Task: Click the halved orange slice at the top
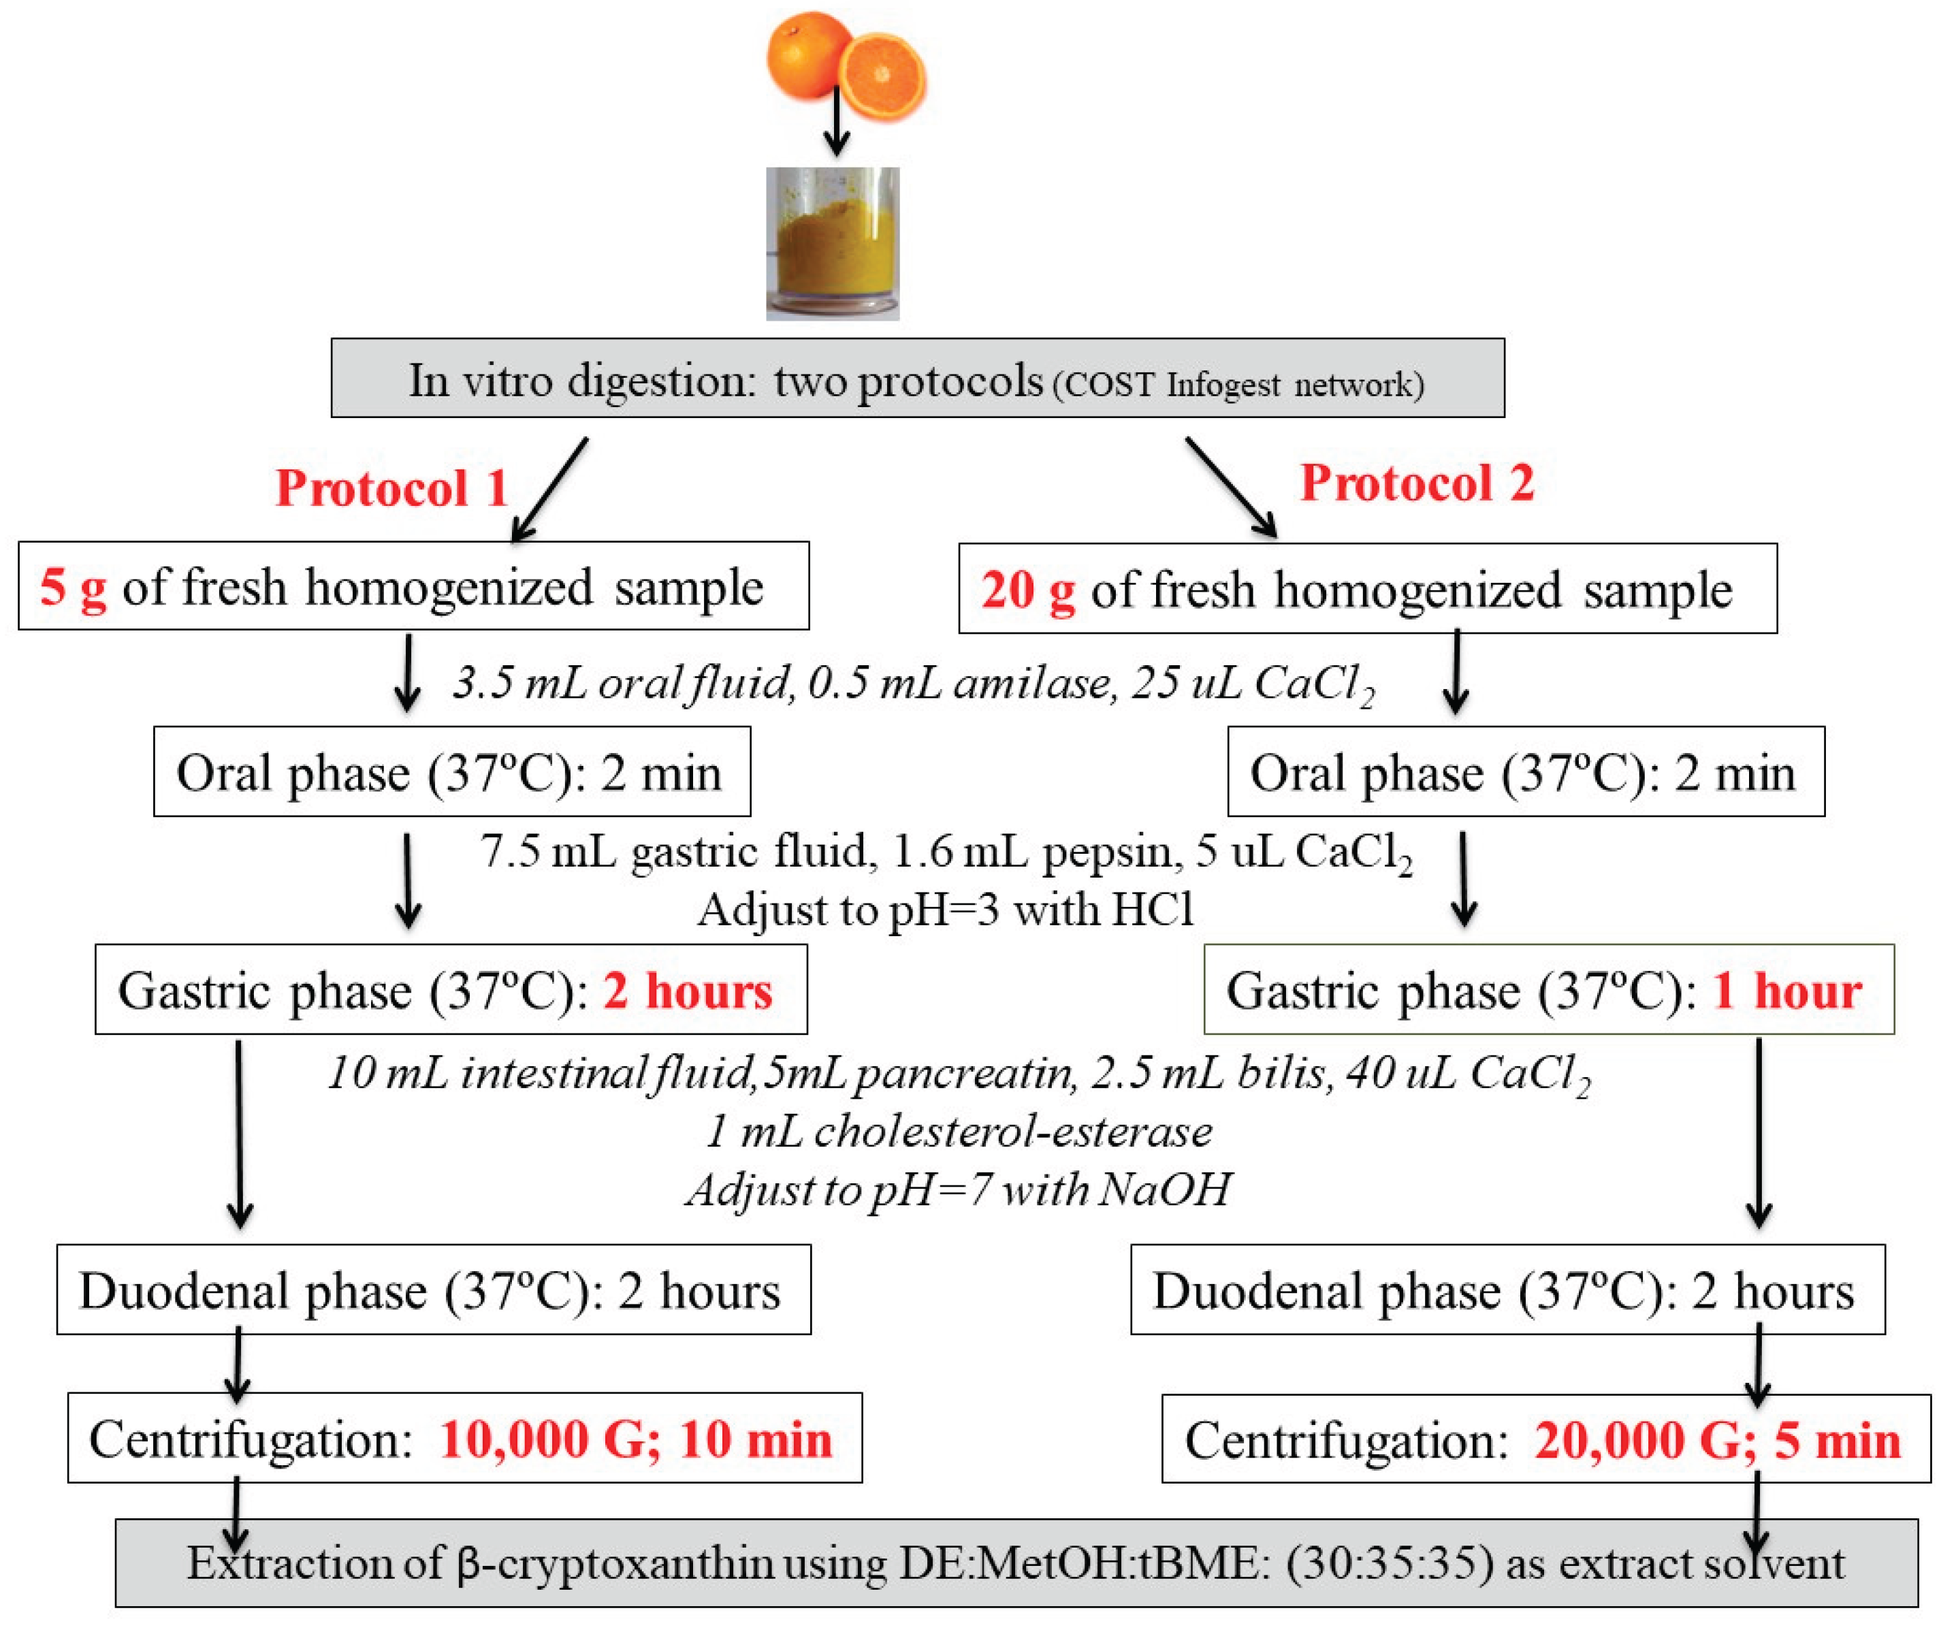(882, 76)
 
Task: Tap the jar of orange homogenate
(833, 244)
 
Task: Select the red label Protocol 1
(392, 488)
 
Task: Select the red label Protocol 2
(1417, 483)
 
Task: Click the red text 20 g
(1028, 590)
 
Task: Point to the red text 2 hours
(688, 990)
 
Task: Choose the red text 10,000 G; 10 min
(635, 1439)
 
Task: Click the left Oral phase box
(452, 772)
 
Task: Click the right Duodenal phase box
(1507, 1290)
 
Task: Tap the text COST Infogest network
(1239, 384)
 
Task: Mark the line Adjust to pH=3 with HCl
(946, 909)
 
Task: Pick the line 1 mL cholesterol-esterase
(959, 1132)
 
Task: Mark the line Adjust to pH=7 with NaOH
(959, 1189)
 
